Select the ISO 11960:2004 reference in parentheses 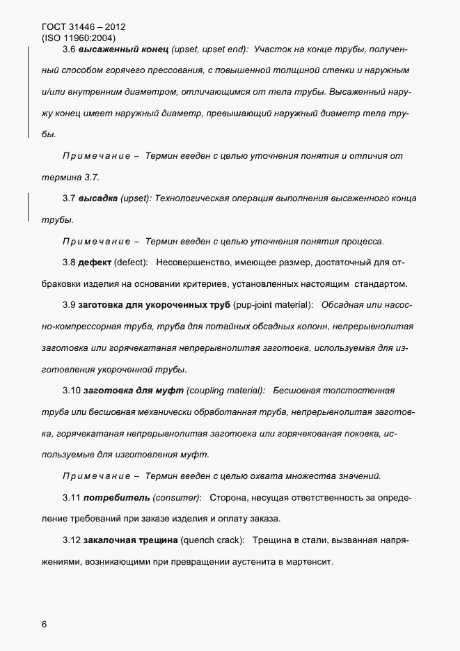[79, 38]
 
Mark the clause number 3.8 [68, 262]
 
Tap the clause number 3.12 [71, 540]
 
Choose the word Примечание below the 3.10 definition [97, 476]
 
